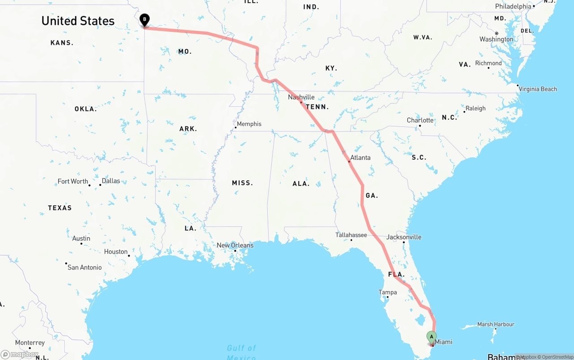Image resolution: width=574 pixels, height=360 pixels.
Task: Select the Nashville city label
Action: coord(301,97)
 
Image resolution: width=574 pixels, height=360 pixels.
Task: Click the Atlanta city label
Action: coord(361,158)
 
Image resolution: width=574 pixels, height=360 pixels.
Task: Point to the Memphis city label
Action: coord(249,124)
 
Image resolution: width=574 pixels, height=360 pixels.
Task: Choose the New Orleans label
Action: coord(235,246)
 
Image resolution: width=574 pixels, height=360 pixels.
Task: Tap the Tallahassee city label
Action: coord(351,235)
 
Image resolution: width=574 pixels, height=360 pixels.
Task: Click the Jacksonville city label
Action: coord(404,237)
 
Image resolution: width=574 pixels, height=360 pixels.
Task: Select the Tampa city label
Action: coord(387,292)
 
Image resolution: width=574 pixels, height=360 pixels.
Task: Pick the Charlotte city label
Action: coord(420,120)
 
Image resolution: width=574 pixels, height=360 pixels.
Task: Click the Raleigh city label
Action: coord(475,108)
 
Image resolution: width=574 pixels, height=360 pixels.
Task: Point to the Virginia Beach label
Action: coord(538,89)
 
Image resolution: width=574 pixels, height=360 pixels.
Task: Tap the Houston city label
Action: coord(116,252)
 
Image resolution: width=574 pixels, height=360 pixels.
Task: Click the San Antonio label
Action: coord(84,268)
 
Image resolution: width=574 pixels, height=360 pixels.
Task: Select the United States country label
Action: coord(78,21)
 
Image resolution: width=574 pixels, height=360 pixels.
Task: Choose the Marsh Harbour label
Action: coord(496,324)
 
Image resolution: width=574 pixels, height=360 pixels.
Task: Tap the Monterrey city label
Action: coord(30,343)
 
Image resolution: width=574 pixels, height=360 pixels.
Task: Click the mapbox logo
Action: coord(20,354)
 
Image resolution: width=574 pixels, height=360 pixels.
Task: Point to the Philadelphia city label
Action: coord(513,6)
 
